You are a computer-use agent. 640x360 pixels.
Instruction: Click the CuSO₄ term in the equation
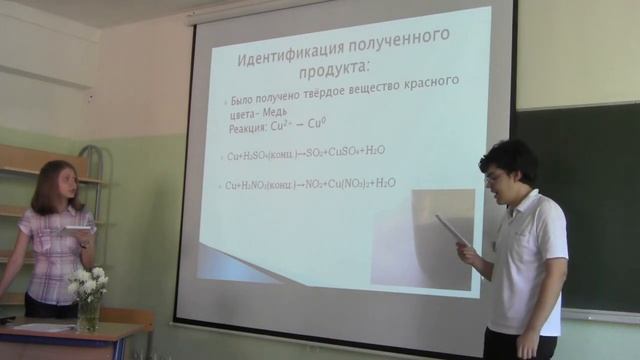coord(357,152)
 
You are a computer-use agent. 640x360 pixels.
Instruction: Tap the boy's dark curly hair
coord(510,157)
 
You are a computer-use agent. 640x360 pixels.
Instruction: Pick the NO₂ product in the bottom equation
coord(317,184)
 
